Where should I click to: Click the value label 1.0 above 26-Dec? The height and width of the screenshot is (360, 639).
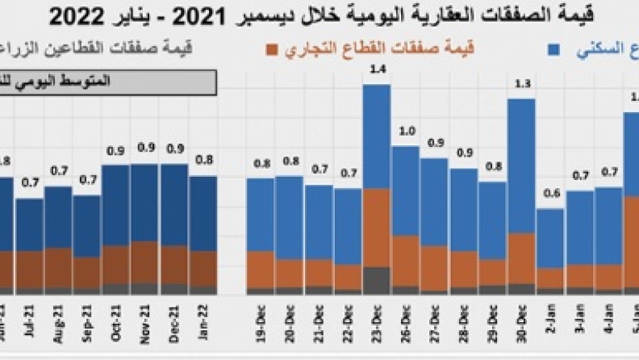coord(406,132)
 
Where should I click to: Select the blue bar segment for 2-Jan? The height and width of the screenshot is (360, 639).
coord(551,238)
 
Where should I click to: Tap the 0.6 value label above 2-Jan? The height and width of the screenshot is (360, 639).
coord(552,194)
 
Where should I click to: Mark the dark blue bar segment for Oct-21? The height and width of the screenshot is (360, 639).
coord(116,206)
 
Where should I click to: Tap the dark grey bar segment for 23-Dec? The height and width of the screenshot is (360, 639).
coord(376,280)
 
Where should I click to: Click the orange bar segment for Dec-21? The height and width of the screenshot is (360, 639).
coord(174,264)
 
